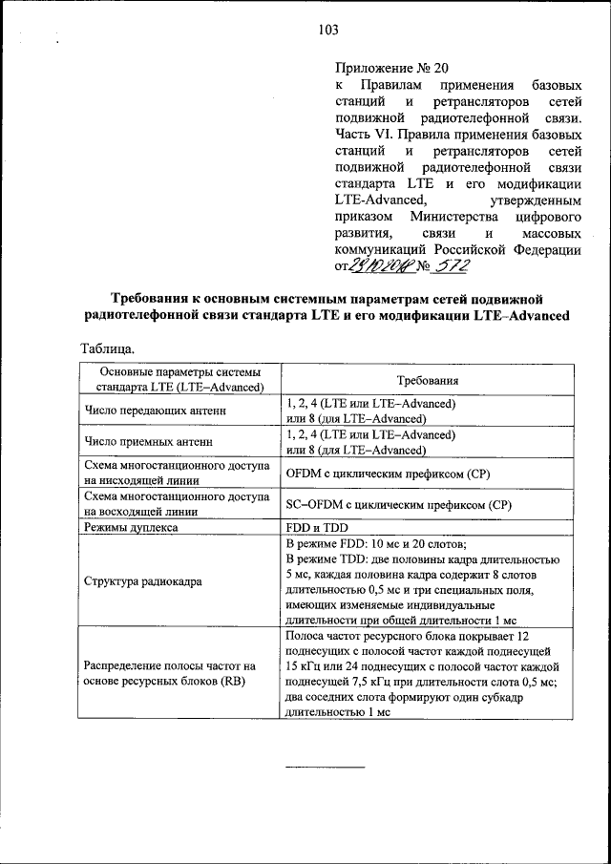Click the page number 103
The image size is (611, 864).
click(328, 30)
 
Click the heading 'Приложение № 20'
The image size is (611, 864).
click(390, 68)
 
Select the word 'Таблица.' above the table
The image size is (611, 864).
click(108, 349)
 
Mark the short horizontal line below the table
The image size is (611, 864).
click(325, 766)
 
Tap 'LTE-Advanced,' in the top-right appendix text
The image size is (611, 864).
click(380, 200)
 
